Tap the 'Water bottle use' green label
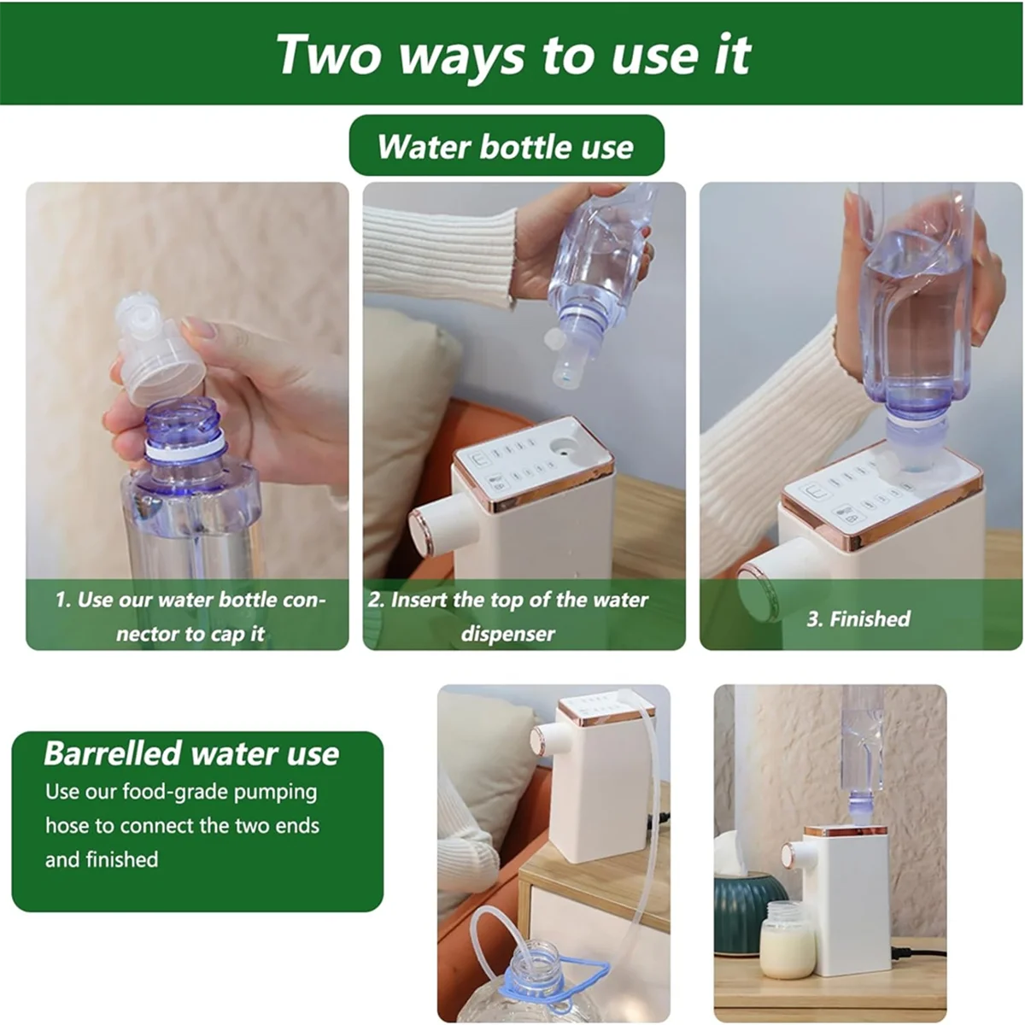click(x=506, y=146)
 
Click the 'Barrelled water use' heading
click(x=191, y=753)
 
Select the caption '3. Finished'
click(x=858, y=618)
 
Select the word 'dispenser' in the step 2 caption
click(x=508, y=634)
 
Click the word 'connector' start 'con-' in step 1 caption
click(x=303, y=600)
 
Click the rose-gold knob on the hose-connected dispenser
click(x=540, y=739)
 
